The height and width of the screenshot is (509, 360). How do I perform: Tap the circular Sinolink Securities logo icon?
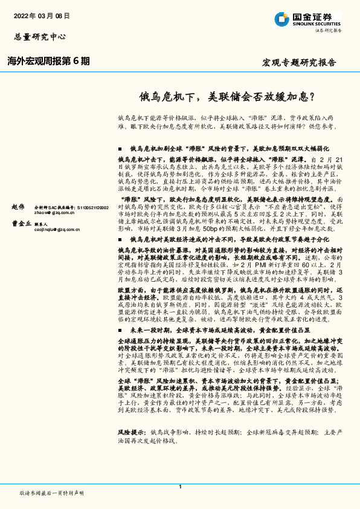point(281,19)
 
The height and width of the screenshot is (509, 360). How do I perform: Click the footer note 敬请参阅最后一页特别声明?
point(51,493)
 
